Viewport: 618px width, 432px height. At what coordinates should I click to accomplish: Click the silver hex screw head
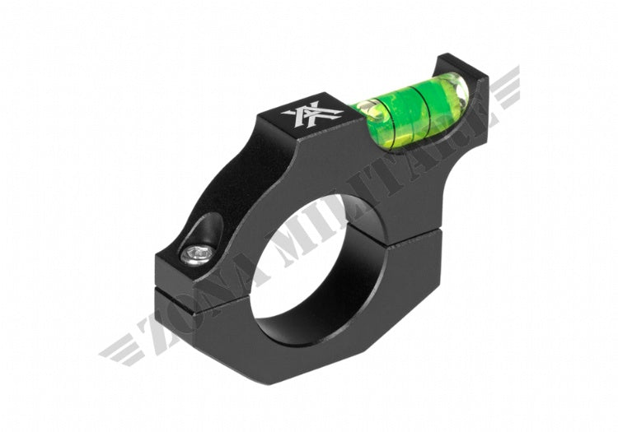(x=194, y=256)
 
